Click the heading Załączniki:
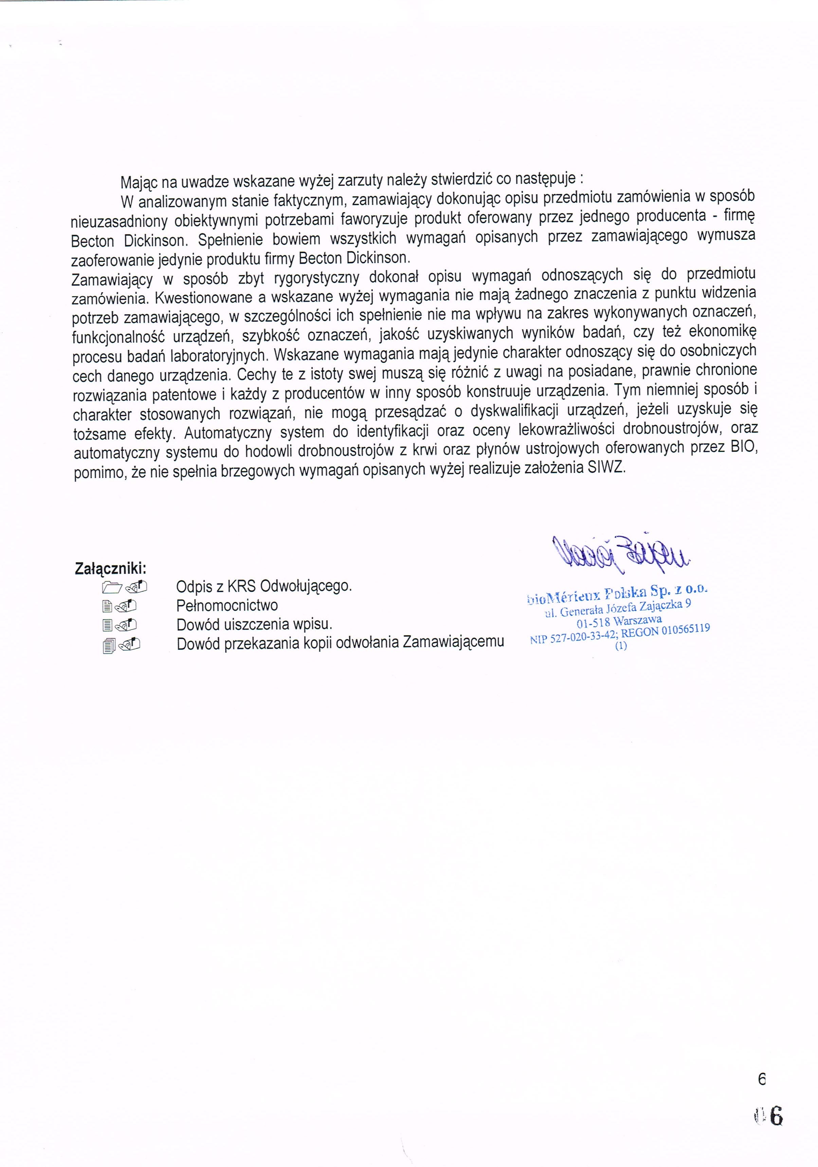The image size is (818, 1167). click(111, 568)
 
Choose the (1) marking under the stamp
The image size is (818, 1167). click(621, 646)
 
